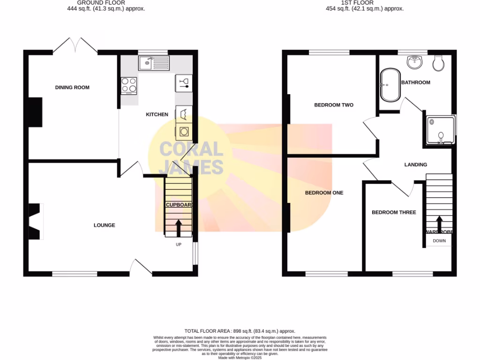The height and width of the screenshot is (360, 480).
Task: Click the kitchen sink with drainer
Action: point(154,63)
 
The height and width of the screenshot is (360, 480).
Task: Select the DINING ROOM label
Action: point(72,88)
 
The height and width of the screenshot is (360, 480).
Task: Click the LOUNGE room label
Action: point(104,225)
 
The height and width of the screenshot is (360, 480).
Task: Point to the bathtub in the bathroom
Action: point(390,85)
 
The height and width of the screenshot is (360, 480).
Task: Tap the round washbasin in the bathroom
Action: point(414,61)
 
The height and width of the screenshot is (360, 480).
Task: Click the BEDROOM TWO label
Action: point(334,105)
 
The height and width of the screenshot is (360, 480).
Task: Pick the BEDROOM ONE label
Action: point(324,193)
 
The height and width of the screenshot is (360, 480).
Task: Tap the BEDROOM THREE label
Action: point(394,212)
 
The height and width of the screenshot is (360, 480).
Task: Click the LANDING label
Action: point(416,165)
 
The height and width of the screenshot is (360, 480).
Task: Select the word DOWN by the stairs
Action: point(439,241)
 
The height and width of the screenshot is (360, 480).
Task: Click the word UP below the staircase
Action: point(178,245)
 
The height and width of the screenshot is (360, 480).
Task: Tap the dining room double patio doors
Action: point(75,45)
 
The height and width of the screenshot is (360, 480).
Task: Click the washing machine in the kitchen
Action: point(184,132)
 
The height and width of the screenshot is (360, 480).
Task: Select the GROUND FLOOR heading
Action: point(106,3)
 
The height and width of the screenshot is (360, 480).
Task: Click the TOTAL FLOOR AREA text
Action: point(240,331)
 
